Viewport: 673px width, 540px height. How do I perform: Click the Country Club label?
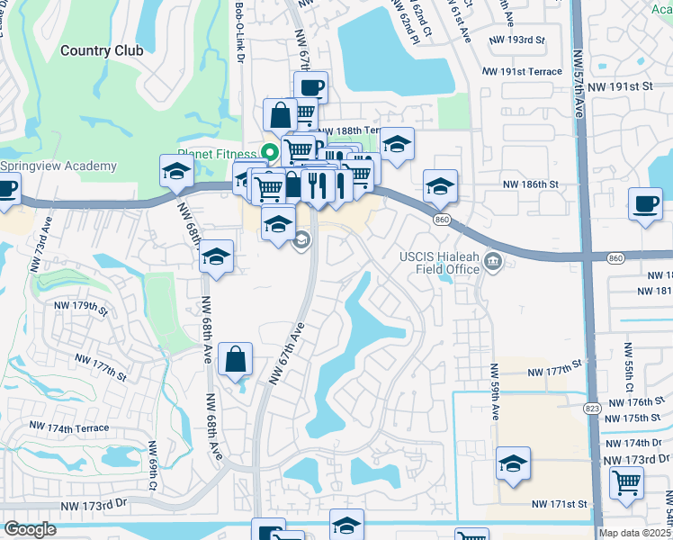click(x=102, y=50)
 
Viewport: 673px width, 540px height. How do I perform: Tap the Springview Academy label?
click(x=58, y=166)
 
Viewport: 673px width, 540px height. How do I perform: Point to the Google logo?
click(x=30, y=529)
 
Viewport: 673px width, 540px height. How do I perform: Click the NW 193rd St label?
click(x=517, y=40)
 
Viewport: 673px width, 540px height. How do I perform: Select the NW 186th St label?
click(x=531, y=184)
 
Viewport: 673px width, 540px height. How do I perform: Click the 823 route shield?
click(x=591, y=408)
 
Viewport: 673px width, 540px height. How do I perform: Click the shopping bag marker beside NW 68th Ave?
click(x=234, y=359)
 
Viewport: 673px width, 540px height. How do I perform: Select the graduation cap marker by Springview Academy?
click(x=176, y=171)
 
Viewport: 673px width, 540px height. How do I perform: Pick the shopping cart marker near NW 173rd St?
click(x=626, y=481)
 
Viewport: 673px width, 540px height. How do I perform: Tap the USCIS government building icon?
click(x=494, y=262)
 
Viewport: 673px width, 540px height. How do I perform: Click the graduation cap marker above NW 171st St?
click(x=514, y=463)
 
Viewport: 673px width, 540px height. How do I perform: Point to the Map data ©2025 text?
click(x=635, y=533)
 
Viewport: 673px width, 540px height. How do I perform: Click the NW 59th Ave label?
click(x=494, y=393)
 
